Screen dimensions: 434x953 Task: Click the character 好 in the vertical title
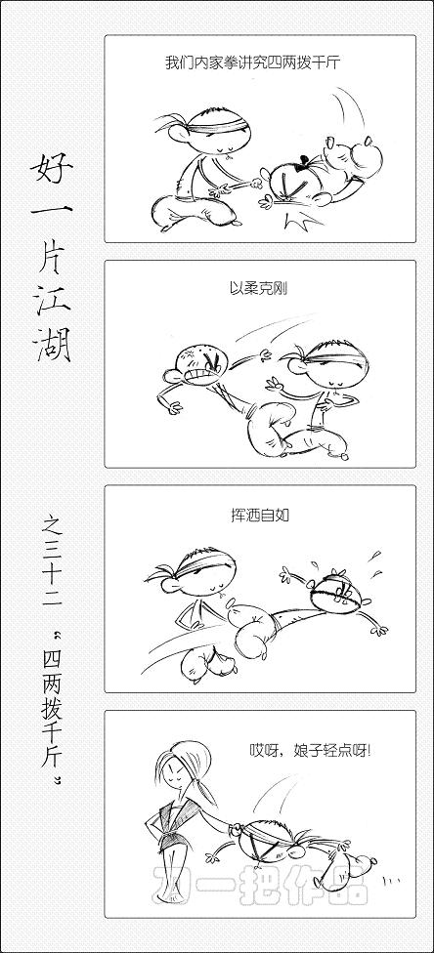click(x=52, y=172)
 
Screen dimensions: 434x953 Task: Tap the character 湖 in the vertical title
click(x=52, y=344)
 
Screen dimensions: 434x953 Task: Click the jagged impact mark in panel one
click(x=297, y=223)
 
